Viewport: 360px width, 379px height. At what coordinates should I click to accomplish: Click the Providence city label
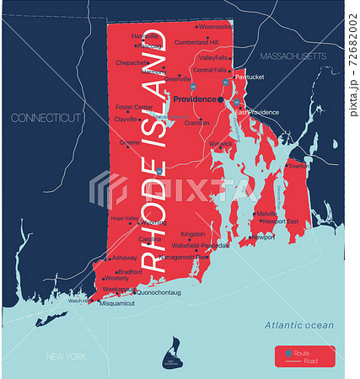tap(194, 99)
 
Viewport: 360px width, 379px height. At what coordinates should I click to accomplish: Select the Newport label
tap(263, 238)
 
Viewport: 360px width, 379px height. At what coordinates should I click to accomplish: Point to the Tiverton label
tap(298, 166)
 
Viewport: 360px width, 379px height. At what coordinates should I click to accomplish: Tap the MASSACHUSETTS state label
tap(292, 56)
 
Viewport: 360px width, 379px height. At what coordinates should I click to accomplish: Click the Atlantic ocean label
tap(299, 325)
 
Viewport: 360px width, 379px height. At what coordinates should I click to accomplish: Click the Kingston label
tap(192, 234)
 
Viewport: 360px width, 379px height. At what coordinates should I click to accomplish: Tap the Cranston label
tap(196, 122)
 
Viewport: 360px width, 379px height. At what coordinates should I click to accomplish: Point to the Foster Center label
tap(134, 107)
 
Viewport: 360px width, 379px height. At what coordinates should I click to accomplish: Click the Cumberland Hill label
tap(196, 42)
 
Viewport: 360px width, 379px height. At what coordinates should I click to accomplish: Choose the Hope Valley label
tap(124, 218)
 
